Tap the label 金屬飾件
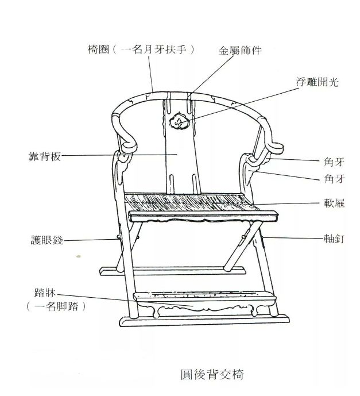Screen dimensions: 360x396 pos(240,50)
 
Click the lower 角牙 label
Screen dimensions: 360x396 pos(331,179)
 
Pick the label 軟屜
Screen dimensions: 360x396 pos(331,203)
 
